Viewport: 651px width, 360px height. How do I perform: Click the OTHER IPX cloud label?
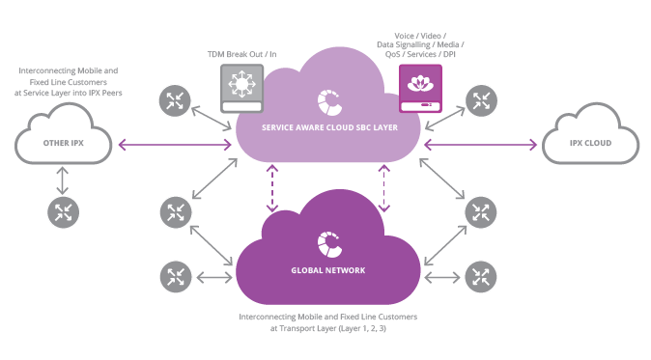(64, 145)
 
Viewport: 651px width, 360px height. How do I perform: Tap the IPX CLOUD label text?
(590, 145)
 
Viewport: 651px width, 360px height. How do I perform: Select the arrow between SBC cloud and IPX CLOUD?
(480, 145)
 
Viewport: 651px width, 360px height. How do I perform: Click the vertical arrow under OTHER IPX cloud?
(64, 179)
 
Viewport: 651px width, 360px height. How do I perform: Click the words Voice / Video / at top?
(414, 35)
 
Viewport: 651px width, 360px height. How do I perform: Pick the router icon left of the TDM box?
(175, 99)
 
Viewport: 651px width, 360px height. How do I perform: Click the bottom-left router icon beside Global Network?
(175, 277)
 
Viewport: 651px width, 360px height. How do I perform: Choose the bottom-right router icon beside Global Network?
(479, 277)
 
